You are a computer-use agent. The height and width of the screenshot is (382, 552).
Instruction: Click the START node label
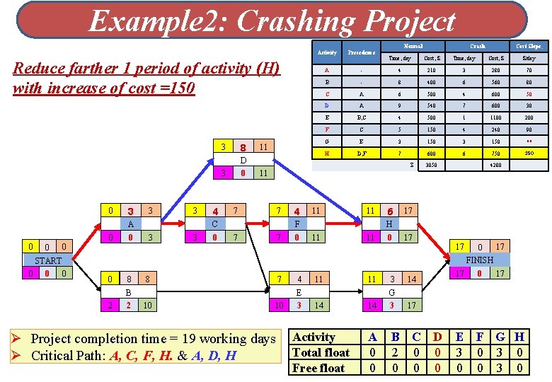(48, 260)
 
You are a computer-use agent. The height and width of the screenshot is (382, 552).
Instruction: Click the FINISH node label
(479, 260)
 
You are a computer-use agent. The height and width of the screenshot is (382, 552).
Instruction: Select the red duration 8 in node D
(242, 148)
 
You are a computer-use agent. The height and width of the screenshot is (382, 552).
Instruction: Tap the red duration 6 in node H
(389, 212)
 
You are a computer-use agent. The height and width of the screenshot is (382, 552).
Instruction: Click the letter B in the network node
(128, 291)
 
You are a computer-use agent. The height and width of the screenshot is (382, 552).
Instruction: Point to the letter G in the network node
(391, 291)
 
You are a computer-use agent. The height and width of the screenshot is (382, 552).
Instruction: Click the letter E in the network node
(299, 291)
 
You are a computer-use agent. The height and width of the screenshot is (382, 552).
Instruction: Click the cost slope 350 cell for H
(529, 153)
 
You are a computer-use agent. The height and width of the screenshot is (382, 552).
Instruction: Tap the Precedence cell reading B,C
(361, 118)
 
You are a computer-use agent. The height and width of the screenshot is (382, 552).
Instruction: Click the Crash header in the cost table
(478, 47)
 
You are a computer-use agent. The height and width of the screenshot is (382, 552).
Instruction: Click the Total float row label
(321, 352)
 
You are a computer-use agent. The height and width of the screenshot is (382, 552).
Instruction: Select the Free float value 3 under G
(500, 368)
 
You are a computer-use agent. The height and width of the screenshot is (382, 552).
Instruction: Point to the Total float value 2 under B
(395, 352)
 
